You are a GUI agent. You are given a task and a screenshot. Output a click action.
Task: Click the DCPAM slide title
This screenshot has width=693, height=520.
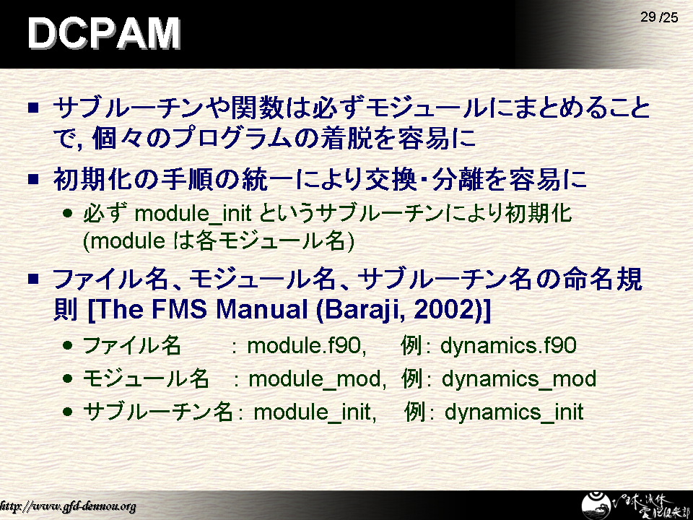click(104, 33)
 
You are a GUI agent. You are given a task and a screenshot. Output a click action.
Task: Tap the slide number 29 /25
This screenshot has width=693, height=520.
click(659, 17)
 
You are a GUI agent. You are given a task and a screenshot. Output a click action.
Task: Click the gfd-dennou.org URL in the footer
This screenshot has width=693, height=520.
click(68, 506)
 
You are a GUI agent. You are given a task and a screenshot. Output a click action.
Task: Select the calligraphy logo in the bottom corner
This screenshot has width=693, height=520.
click(635, 505)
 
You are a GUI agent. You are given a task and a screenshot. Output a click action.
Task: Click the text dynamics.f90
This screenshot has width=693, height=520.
click(508, 345)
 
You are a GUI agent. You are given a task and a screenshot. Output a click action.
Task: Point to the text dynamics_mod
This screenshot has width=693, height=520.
click(519, 379)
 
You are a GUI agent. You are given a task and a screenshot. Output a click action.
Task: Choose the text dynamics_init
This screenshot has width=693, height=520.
click(514, 412)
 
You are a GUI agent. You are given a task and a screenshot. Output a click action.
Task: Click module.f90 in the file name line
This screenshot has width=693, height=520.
click(306, 345)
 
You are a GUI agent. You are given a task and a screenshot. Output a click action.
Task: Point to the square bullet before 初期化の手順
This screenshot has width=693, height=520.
click(33, 179)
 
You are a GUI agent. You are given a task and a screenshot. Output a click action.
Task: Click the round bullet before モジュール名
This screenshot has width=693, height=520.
click(67, 379)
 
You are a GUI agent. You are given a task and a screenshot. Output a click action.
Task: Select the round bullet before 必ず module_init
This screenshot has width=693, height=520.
click(67, 214)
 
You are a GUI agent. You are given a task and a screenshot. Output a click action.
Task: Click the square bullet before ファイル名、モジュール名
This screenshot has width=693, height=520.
click(33, 279)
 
